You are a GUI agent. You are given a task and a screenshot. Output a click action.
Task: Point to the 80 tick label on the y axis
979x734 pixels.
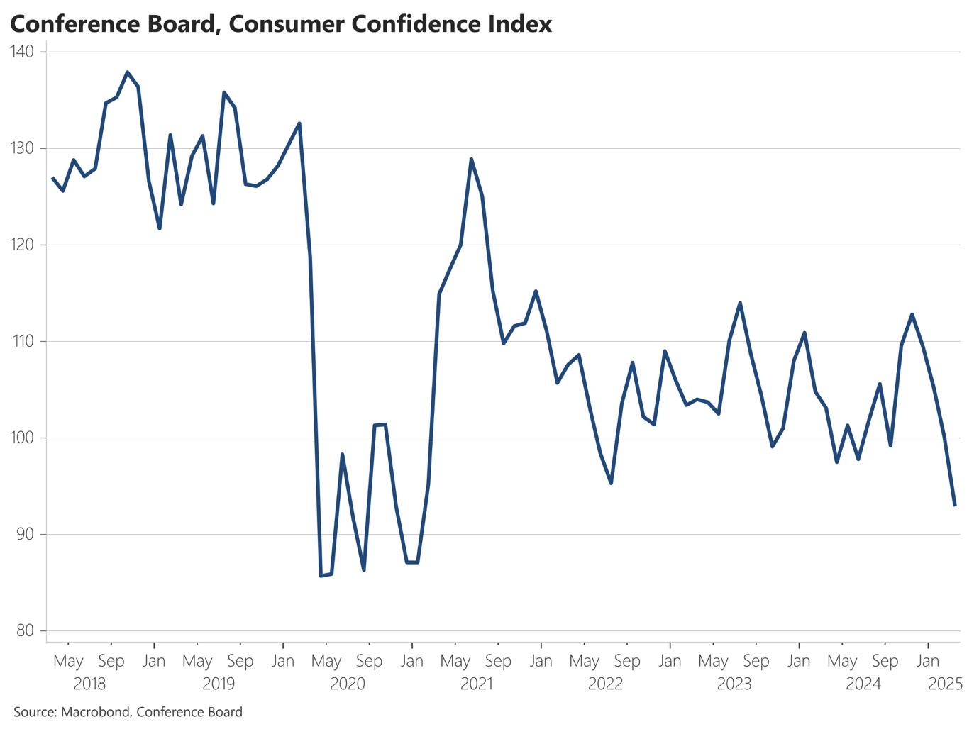tap(26, 630)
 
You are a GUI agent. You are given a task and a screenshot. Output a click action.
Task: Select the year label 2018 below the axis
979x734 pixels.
tap(89, 684)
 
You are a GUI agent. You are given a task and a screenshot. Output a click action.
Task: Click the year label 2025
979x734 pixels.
tap(945, 684)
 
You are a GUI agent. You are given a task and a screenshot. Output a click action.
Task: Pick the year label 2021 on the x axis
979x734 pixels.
tap(477, 684)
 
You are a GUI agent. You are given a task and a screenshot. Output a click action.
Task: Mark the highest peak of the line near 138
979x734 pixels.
tap(127, 72)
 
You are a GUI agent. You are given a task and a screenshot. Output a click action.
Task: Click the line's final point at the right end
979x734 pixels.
tap(955, 505)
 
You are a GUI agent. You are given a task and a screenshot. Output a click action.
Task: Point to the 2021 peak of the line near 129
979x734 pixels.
tap(471, 160)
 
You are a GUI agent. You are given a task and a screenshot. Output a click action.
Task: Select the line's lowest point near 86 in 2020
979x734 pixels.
tap(321, 575)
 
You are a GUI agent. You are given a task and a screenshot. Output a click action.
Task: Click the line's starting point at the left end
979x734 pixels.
tap(52, 178)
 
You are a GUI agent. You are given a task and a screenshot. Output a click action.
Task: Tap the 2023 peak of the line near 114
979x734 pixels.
tap(740, 303)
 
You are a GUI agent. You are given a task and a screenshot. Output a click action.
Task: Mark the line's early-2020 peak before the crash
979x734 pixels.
tap(299, 123)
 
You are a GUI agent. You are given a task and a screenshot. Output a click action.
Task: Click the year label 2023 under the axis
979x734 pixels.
tap(734, 684)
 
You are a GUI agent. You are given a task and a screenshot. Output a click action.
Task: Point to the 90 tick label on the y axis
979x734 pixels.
tap(26, 534)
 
